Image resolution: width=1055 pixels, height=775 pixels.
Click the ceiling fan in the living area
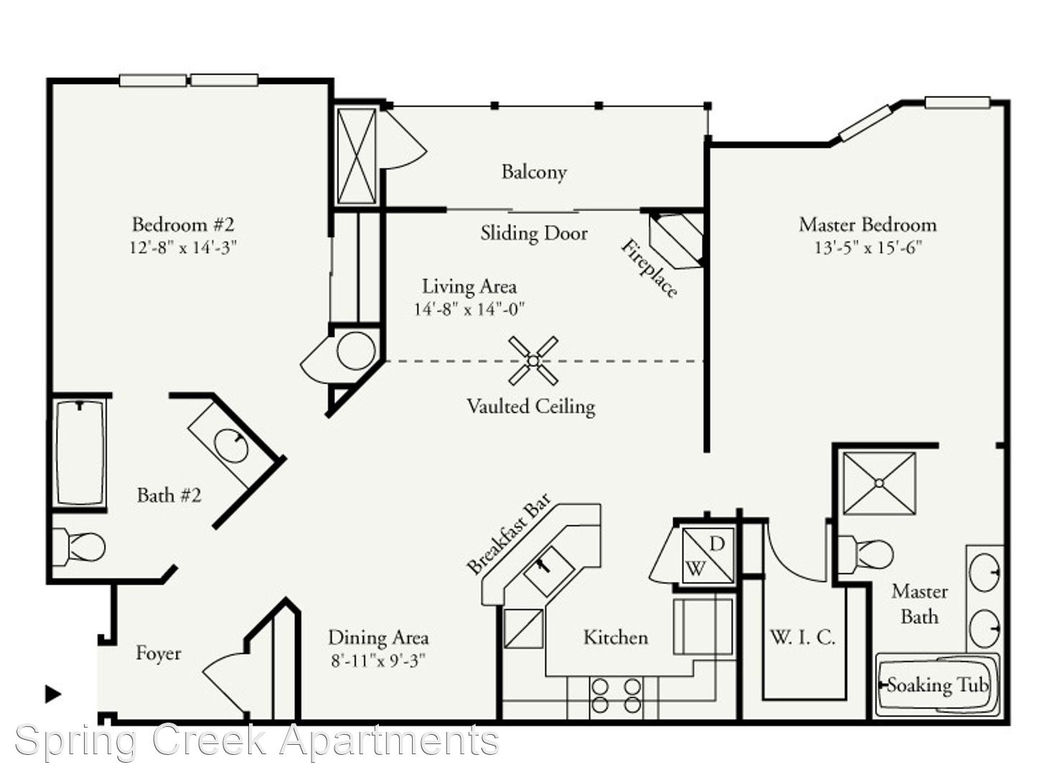(533, 361)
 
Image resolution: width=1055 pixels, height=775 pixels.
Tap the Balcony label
(534, 172)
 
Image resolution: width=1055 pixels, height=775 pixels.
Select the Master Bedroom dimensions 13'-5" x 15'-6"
(868, 247)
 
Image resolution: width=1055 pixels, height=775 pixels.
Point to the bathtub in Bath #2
(80, 453)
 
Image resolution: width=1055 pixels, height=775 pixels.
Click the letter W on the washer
(695, 569)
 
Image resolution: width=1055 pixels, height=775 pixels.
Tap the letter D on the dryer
(716, 545)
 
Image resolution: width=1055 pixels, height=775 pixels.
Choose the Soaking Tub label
(938, 685)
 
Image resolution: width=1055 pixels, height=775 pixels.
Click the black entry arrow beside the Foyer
(53, 694)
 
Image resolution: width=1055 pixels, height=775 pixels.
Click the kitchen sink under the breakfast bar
(549, 571)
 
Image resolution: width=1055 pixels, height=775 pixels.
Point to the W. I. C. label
(802, 638)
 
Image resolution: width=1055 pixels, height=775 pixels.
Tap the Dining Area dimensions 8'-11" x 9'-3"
(378, 661)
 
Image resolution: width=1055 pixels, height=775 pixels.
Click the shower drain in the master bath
(879, 483)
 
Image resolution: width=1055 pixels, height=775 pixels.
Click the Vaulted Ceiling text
(531, 407)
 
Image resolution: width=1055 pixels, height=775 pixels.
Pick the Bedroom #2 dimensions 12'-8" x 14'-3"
(183, 247)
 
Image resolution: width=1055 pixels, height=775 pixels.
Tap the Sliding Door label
(534, 233)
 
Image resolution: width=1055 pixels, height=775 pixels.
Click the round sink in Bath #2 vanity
(231, 446)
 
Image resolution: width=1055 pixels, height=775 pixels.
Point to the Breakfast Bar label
(509, 534)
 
